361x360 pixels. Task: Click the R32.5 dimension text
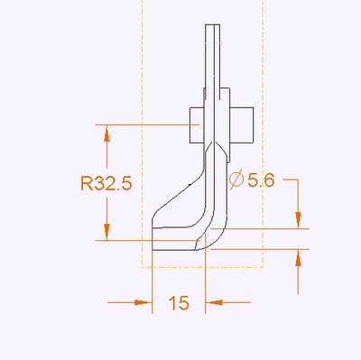pos(106,183)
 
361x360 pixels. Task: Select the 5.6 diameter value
pos(261,180)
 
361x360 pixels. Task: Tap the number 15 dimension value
pos(179,303)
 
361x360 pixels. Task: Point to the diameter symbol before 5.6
pos(236,180)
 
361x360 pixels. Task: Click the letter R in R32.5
pos(87,183)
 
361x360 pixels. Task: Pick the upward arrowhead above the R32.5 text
pos(106,134)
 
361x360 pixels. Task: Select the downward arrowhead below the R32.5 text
pos(106,232)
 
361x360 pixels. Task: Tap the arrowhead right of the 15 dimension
pos(214,302)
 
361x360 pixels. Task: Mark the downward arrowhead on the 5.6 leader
pos(298,220)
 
